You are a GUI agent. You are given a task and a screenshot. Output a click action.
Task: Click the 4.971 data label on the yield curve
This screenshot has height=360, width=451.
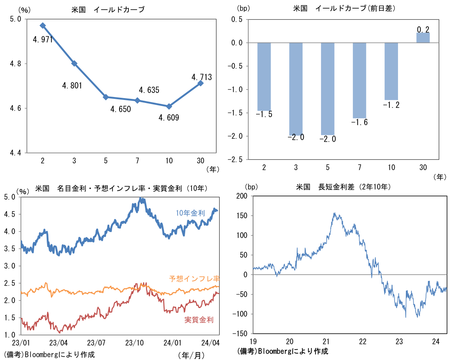(x=43, y=40)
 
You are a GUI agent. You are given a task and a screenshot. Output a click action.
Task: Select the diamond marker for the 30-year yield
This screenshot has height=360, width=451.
(x=200, y=83)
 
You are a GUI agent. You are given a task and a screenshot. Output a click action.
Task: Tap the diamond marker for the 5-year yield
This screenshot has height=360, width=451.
(x=106, y=97)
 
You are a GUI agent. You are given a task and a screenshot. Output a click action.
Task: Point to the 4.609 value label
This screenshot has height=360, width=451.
(x=169, y=118)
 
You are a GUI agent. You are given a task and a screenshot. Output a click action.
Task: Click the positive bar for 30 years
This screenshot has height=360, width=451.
(x=423, y=38)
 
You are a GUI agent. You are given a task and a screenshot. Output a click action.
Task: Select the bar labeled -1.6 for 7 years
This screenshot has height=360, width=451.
(x=360, y=80)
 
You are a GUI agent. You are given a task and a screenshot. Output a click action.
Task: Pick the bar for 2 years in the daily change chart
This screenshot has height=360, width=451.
(x=264, y=76)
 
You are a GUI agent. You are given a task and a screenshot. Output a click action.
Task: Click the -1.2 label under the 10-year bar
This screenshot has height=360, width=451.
(x=391, y=105)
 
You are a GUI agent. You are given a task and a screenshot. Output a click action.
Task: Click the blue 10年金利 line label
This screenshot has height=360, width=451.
(x=190, y=213)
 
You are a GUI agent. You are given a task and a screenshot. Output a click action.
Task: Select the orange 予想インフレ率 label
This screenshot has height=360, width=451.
(x=194, y=279)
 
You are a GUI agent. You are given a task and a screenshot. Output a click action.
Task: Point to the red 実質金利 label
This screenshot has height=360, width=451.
(x=199, y=320)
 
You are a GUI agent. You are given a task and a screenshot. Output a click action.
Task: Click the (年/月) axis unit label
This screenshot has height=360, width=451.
(x=191, y=355)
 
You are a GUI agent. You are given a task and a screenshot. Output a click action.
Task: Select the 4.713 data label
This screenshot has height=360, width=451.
(x=202, y=77)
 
